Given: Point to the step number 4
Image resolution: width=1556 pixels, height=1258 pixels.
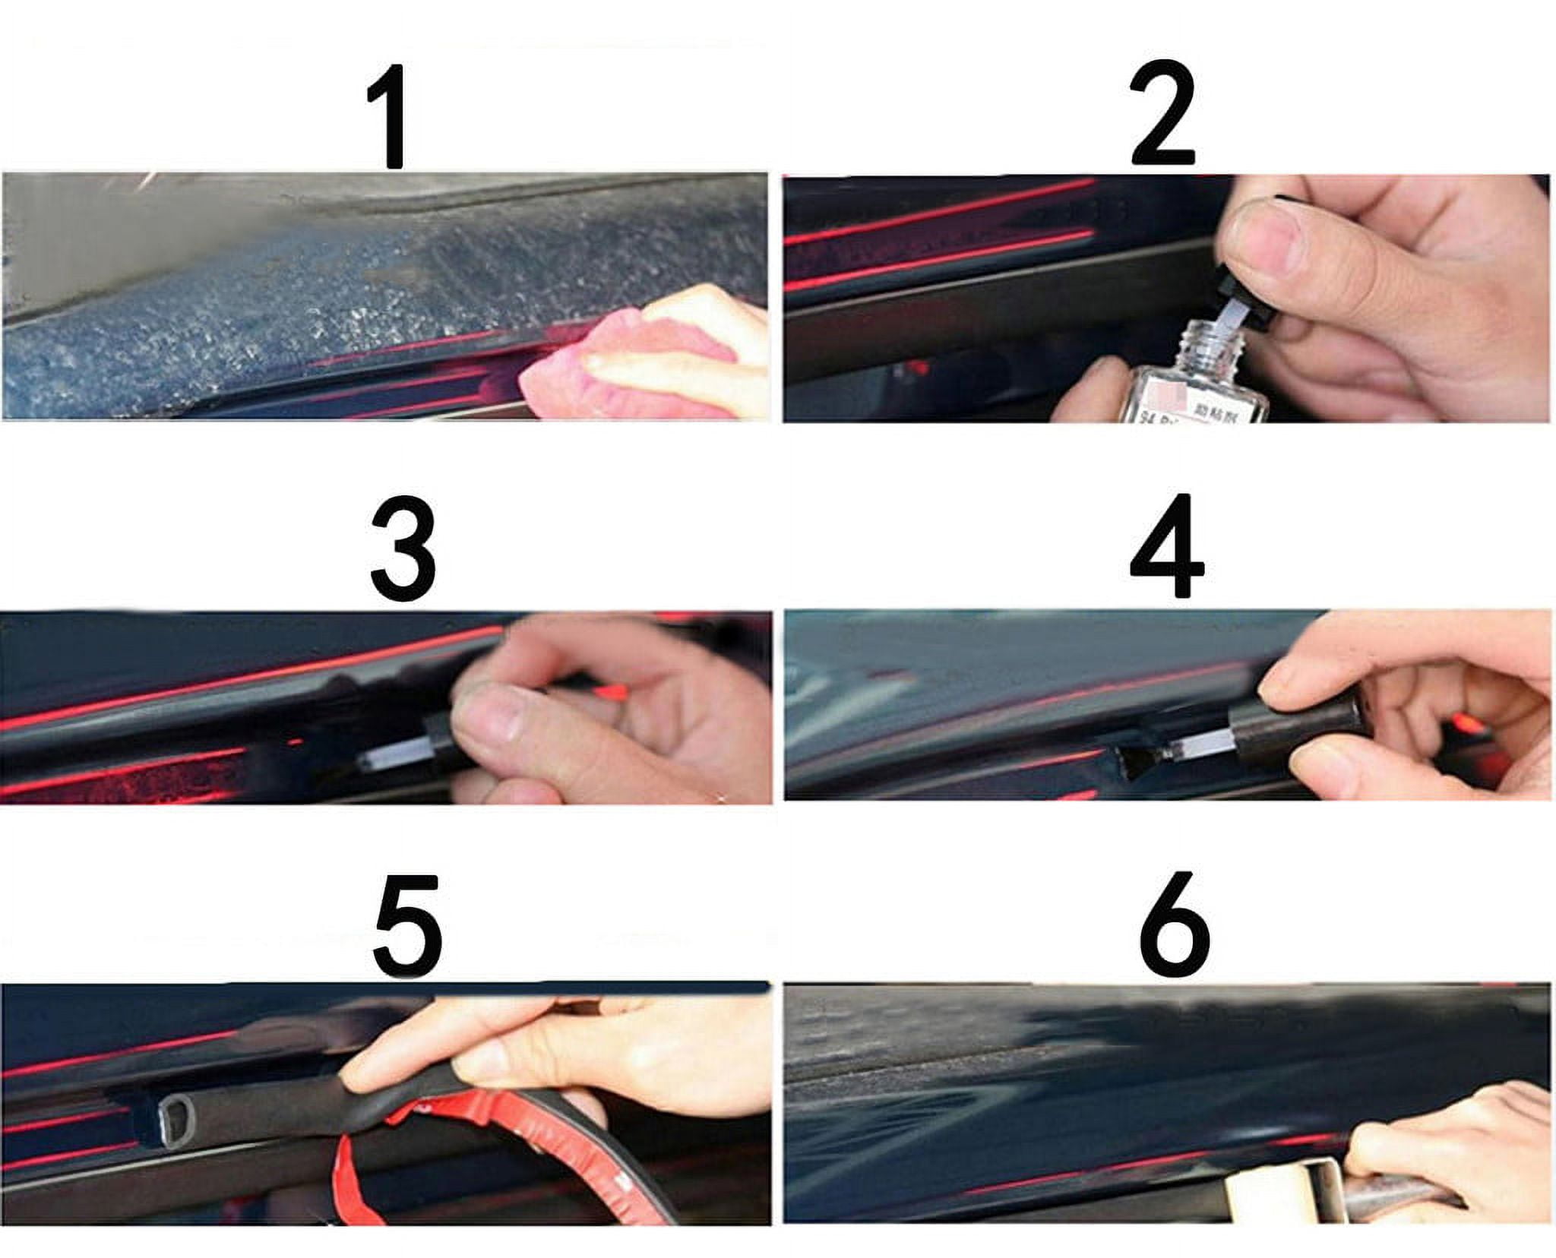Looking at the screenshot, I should click(1166, 548).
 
